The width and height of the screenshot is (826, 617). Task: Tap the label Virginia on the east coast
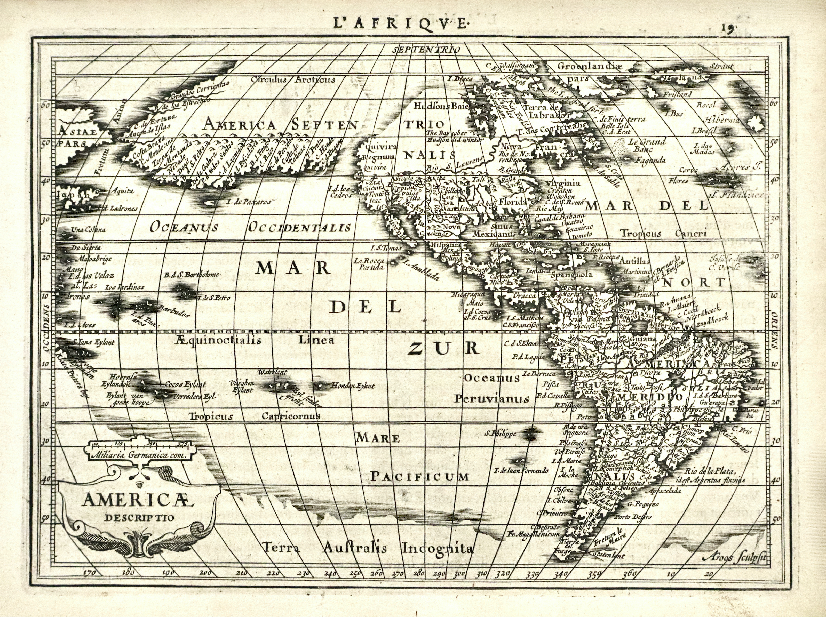(563, 183)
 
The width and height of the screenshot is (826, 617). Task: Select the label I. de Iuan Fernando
(521, 470)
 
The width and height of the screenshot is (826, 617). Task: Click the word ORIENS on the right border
(813, 330)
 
